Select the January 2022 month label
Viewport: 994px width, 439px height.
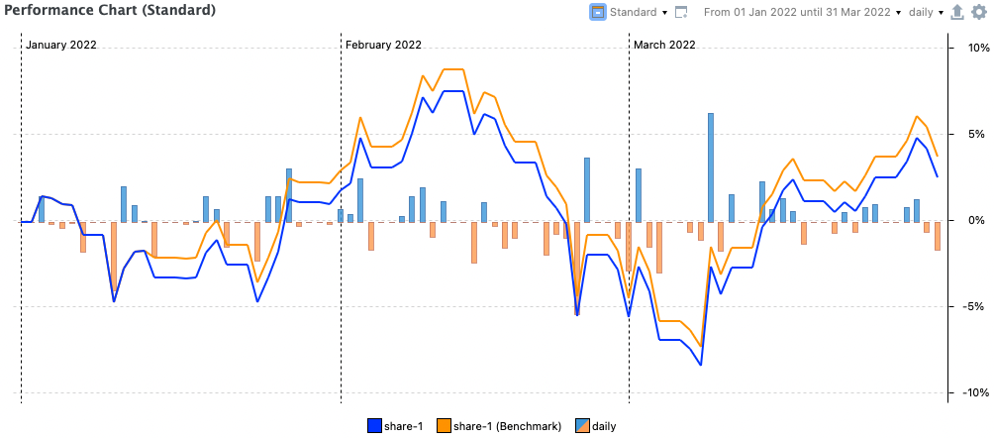(x=61, y=45)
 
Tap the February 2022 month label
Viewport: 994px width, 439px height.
(x=383, y=45)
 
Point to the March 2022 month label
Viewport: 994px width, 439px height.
(x=664, y=45)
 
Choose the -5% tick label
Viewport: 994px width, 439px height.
(x=968, y=306)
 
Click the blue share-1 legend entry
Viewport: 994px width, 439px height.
(x=396, y=426)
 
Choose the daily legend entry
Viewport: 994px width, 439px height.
(x=595, y=426)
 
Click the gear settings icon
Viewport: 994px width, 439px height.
(x=978, y=13)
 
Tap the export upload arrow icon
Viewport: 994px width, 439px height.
(x=956, y=13)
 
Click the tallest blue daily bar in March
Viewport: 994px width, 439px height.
(x=711, y=166)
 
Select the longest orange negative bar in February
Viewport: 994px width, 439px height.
(x=576, y=263)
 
